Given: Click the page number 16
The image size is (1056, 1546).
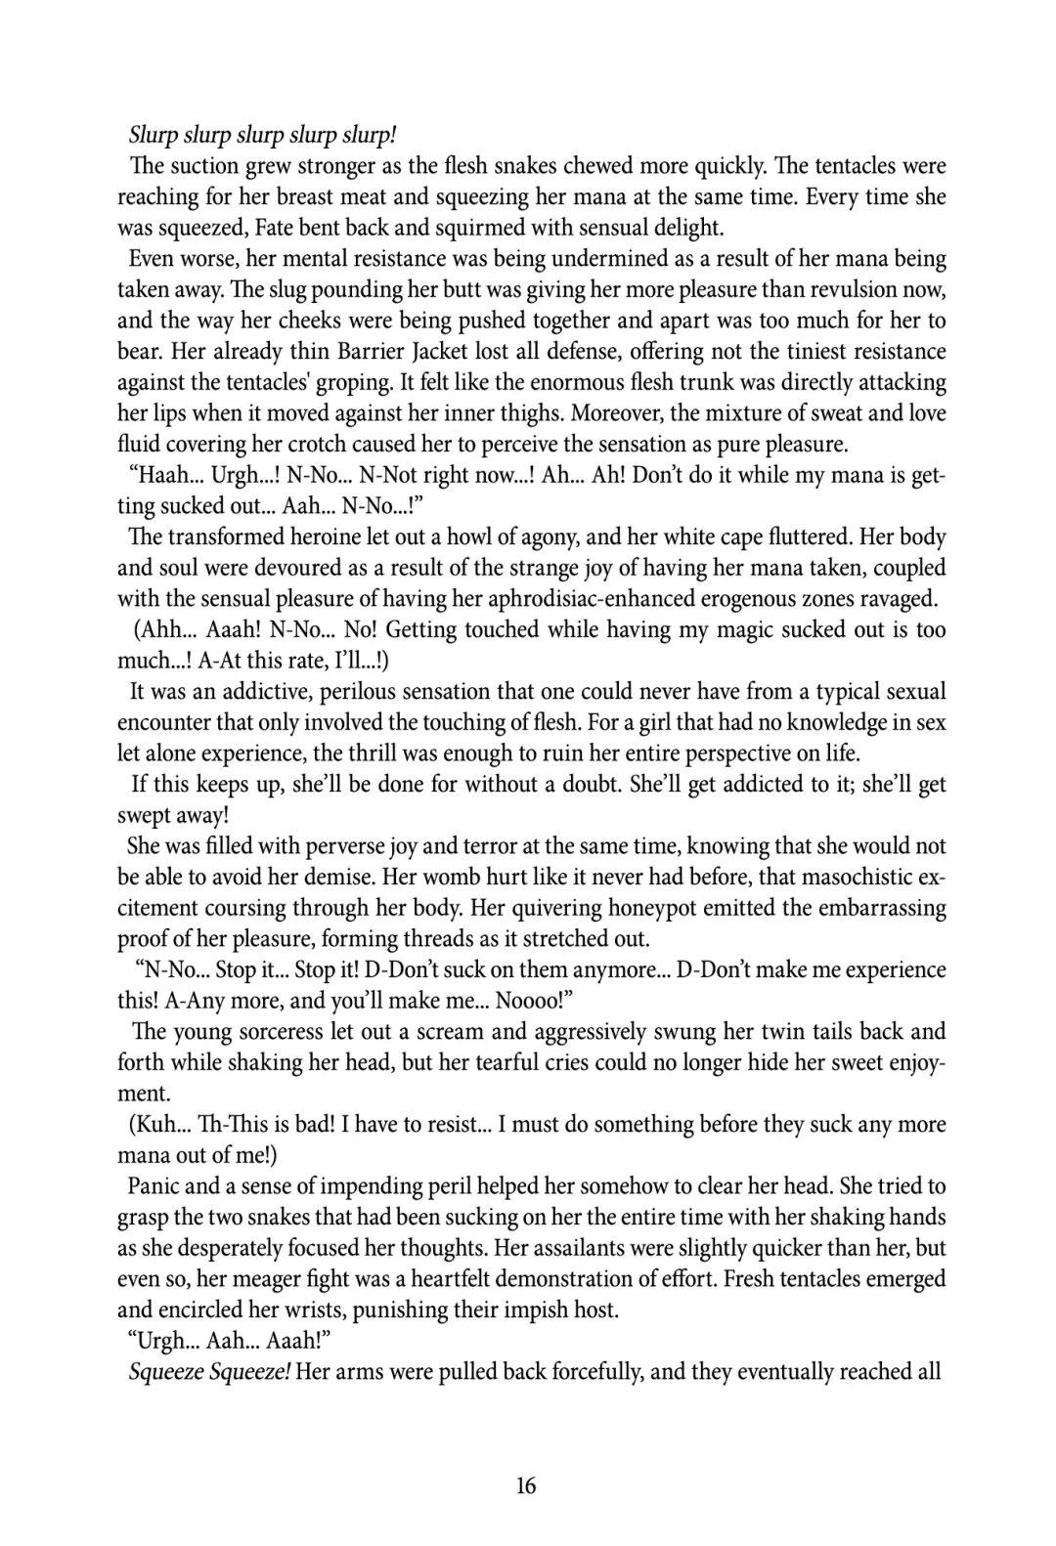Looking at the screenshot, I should tap(526, 1485).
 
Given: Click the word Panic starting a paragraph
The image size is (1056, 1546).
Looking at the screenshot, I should tap(155, 1186).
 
